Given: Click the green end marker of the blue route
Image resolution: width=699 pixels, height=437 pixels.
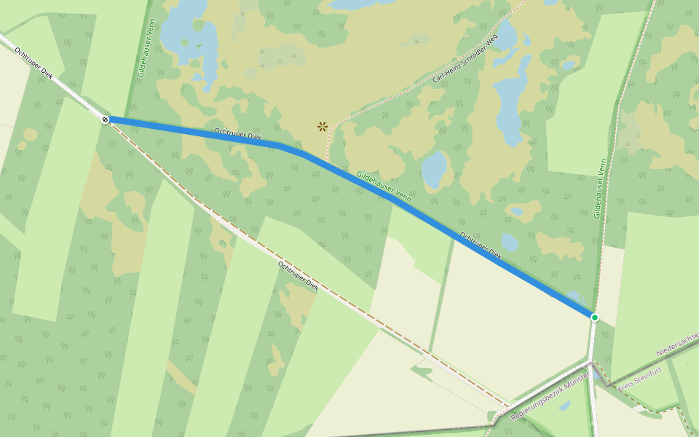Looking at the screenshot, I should (x=594, y=317).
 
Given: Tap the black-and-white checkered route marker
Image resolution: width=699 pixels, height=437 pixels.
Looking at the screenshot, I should (x=106, y=119).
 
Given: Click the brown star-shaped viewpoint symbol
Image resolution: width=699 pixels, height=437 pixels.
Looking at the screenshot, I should (x=322, y=126).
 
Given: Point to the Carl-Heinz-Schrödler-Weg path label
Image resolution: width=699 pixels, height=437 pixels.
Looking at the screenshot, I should (x=465, y=58).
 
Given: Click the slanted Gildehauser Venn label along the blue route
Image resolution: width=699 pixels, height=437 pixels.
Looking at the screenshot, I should (x=384, y=186).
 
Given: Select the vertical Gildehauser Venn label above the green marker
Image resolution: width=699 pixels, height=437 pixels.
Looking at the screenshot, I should (x=599, y=189).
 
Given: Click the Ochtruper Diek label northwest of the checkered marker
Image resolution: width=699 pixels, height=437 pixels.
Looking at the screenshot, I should (x=34, y=64).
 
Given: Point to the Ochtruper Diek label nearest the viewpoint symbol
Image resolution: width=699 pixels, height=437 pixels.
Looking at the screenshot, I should (x=237, y=134).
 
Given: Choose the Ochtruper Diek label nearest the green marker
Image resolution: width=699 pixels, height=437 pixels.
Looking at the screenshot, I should (x=481, y=245).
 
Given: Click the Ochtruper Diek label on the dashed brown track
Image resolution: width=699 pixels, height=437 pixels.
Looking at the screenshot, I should (x=298, y=275).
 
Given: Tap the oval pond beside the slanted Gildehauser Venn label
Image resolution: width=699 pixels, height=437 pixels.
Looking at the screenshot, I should (x=435, y=169).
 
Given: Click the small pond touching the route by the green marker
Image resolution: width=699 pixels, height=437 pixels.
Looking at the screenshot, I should (x=574, y=298).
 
